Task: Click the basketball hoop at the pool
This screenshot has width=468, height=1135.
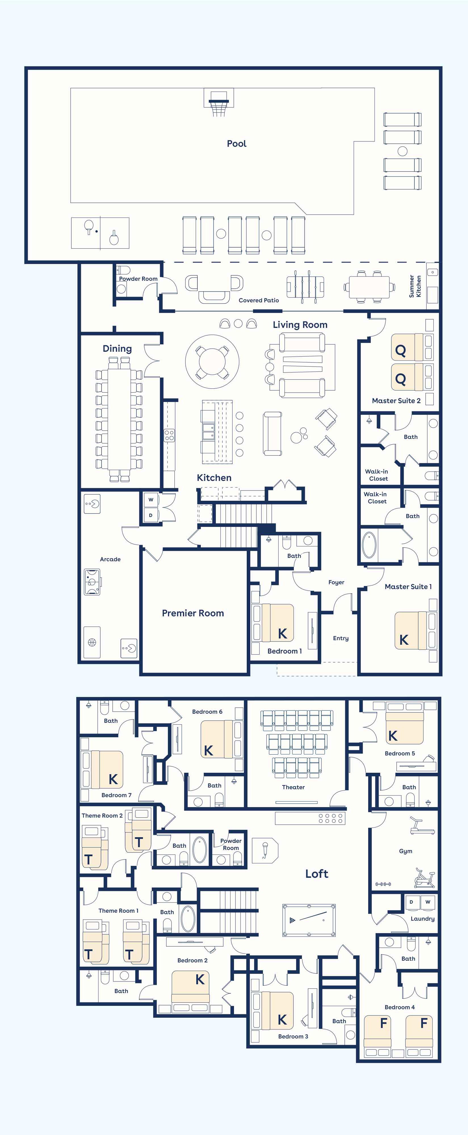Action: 219,102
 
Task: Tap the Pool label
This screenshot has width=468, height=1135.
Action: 237,144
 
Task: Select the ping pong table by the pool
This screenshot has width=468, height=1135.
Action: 100,233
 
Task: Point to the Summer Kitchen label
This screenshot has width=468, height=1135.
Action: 415,286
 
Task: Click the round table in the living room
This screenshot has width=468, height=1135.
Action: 212,361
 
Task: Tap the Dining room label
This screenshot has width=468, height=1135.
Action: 117,349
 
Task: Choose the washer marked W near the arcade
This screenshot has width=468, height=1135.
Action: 151,500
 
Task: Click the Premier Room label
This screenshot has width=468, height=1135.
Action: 193,613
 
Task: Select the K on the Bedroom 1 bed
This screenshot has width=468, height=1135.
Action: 283,634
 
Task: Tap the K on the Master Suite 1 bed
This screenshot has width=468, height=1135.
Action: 404,640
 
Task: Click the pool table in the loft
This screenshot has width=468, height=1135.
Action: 309,920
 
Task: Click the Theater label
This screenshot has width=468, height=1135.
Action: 293,787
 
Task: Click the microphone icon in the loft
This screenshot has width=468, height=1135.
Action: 265,850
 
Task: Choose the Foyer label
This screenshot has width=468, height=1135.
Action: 336,583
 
